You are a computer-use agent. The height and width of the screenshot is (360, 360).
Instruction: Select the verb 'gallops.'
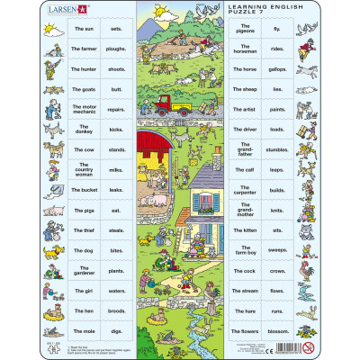tap(278, 69)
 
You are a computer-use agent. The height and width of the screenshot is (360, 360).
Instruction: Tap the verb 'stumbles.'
tap(278, 150)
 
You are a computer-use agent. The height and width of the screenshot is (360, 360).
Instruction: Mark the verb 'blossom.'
tap(278, 330)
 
